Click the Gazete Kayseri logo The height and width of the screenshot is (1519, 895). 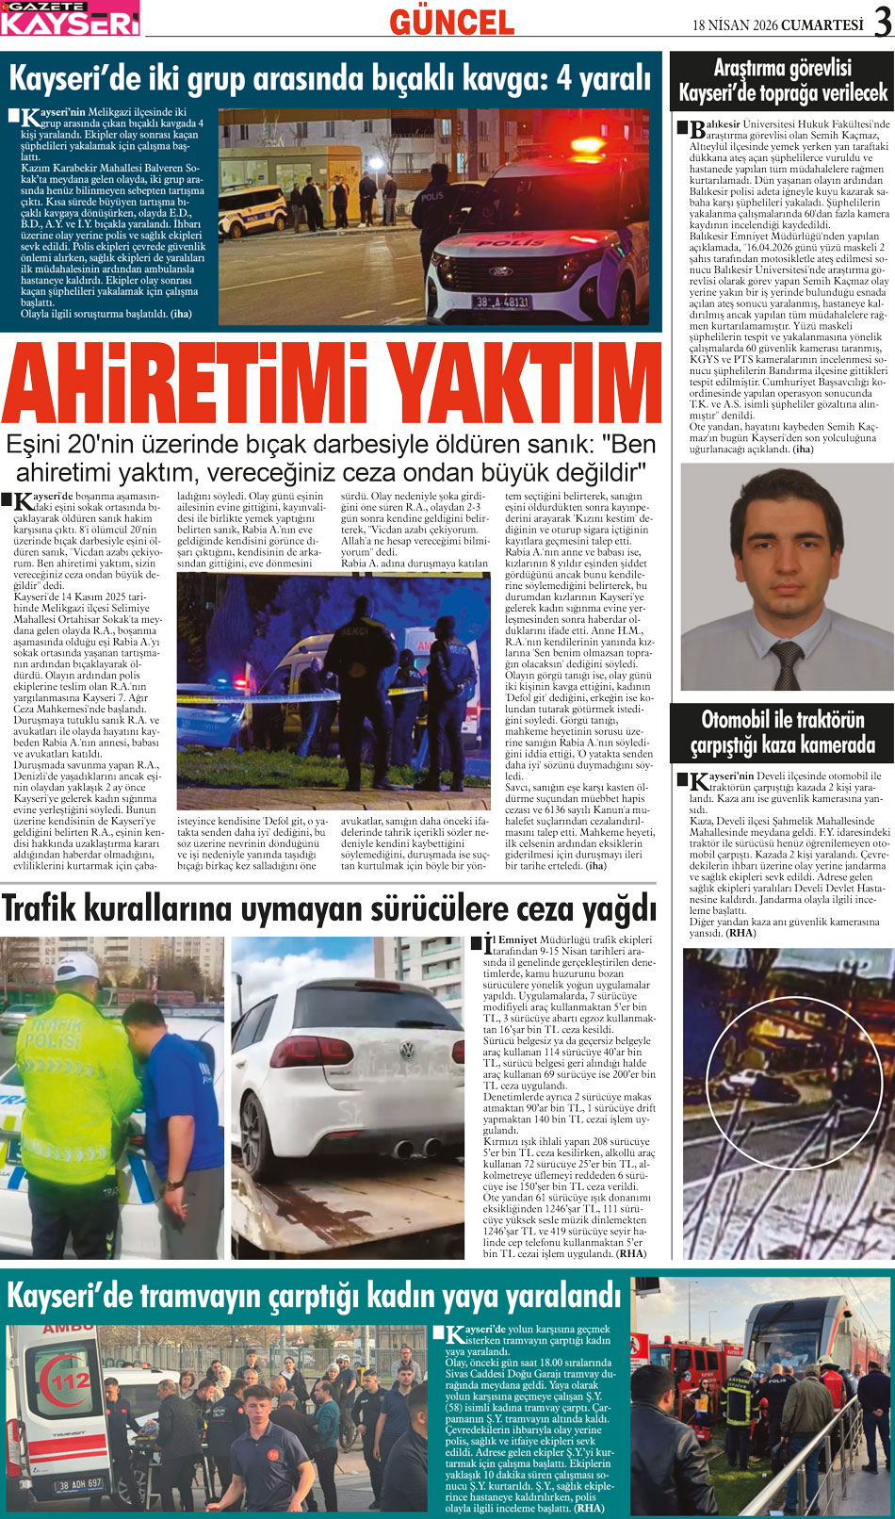70,18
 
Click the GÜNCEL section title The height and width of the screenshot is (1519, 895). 451,23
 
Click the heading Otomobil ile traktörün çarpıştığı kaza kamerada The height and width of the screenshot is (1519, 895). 782,732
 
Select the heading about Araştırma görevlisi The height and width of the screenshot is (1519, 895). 782,80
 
